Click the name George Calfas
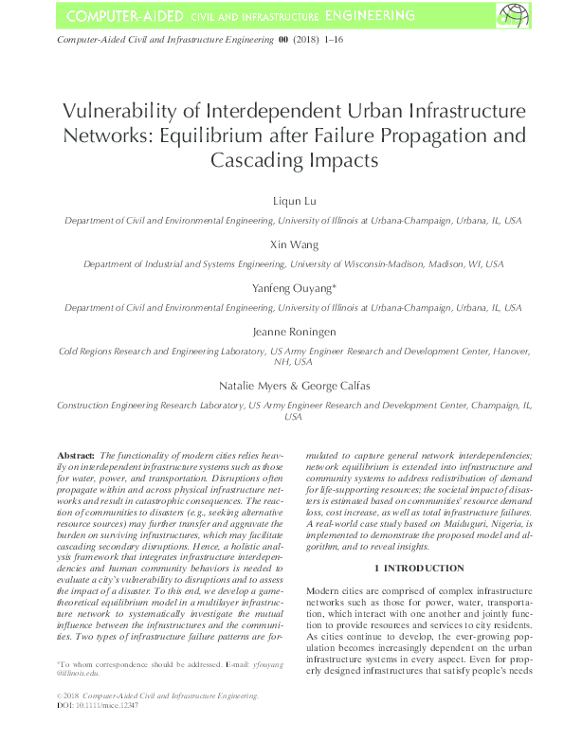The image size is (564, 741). point(328,386)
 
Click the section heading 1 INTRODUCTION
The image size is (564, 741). point(419,568)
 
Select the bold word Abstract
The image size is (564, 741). point(75,456)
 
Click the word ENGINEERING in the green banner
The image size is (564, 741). point(359,16)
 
